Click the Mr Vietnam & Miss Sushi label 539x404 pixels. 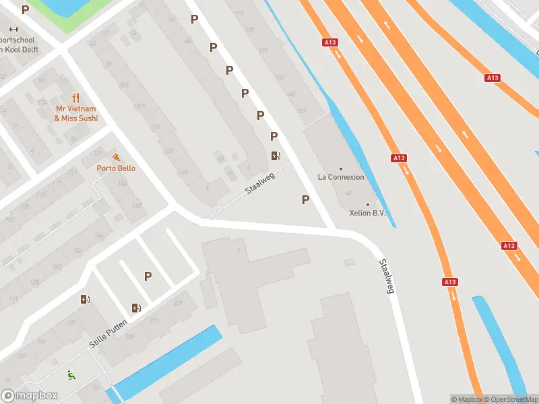75,113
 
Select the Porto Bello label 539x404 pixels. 116,168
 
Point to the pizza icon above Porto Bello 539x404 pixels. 116,157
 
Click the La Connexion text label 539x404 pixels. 341,177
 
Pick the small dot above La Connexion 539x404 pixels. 341,168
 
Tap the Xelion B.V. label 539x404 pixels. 367,213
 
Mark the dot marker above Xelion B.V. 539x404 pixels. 367,205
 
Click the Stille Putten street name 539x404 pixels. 108,335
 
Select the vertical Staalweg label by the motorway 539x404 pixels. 385,277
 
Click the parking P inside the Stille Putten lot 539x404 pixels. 148,276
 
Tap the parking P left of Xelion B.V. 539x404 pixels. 306,199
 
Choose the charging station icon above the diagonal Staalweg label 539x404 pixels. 275,156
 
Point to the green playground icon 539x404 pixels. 69,374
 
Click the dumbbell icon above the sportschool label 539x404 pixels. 13,29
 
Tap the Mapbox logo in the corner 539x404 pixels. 28,396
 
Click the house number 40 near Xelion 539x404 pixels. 348,193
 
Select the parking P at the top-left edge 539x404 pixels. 26,9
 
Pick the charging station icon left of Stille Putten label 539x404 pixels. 85,300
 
